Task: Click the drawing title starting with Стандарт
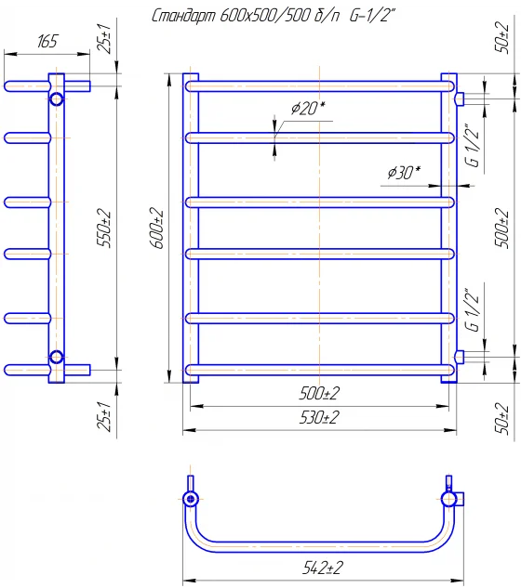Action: [x=274, y=16]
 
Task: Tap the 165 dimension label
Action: [x=47, y=41]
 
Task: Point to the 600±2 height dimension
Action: [x=157, y=228]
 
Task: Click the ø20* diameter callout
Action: [x=308, y=109]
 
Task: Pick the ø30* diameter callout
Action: [x=404, y=173]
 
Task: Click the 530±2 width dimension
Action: [x=319, y=417]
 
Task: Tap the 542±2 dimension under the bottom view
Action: [x=323, y=568]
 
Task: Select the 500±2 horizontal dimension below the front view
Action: [x=319, y=393]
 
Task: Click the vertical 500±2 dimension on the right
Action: [x=502, y=228]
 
